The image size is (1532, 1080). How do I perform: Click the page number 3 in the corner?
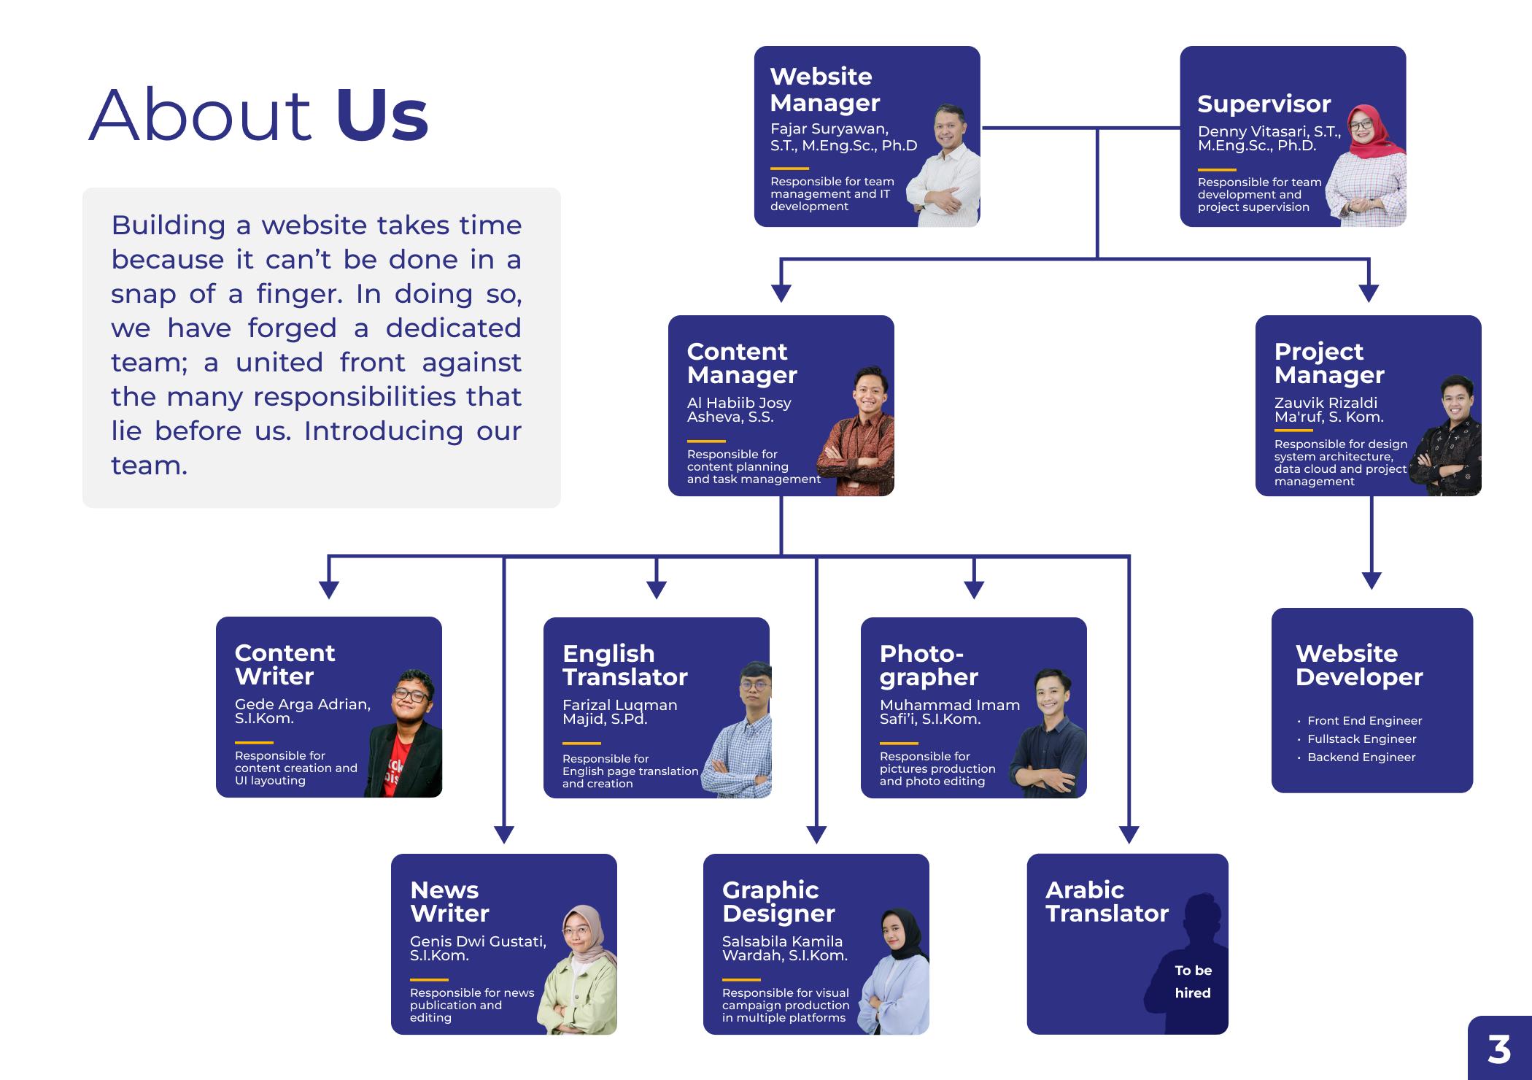[1499, 1049]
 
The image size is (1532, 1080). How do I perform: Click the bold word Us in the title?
[382, 115]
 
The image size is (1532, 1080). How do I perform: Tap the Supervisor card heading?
[1264, 104]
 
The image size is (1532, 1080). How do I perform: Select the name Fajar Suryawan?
[829, 129]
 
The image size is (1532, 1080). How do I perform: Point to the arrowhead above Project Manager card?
[1369, 292]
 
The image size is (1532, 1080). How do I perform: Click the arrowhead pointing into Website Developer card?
[1372, 580]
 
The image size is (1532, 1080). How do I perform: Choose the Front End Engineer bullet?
[1364, 720]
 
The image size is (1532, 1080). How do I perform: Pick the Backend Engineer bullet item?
[1361, 757]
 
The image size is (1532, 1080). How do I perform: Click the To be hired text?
[1193, 981]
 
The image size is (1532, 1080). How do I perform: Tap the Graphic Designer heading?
[778, 901]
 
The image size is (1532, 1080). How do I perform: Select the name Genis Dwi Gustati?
[478, 941]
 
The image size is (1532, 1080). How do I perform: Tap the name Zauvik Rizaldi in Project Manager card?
[1326, 403]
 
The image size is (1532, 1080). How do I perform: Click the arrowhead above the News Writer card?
[504, 834]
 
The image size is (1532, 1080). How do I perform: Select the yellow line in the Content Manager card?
[705, 441]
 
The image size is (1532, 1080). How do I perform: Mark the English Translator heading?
[624, 665]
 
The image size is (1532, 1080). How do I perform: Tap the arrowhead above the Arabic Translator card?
[1129, 834]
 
